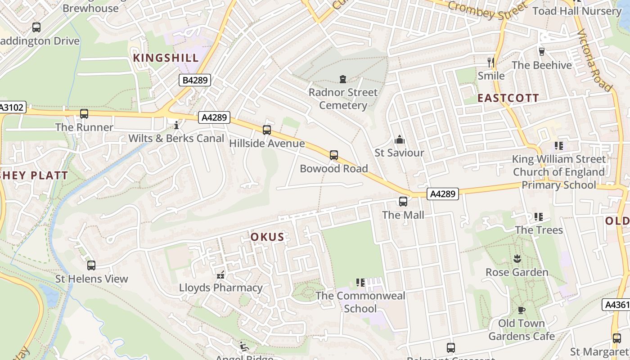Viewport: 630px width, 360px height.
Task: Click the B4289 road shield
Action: (x=195, y=81)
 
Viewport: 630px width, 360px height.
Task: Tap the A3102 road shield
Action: (x=13, y=108)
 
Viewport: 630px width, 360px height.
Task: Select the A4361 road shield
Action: (x=616, y=305)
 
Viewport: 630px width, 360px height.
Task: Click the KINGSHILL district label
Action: (x=166, y=58)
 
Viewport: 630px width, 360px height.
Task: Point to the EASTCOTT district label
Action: (x=508, y=98)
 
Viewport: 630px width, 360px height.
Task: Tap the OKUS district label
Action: (x=267, y=237)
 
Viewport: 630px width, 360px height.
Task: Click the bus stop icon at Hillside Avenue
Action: (x=267, y=130)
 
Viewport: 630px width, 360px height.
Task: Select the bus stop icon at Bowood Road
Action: (x=333, y=155)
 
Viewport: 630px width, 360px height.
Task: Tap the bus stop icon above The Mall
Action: (x=403, y=202)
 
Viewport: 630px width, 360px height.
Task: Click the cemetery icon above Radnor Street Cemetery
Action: (x=343, y=79)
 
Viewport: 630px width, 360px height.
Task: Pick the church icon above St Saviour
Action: (x=399, y=139)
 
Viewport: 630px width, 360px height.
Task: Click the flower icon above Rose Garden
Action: (x=517, y=259)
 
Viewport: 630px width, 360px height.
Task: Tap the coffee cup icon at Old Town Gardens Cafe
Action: (x=521, y=310)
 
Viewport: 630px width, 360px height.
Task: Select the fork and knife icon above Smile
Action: (x=491, y=62)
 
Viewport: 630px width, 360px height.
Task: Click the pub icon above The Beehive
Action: (x=541, y=52)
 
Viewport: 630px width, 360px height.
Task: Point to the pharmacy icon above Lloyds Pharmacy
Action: (x=220, y=274)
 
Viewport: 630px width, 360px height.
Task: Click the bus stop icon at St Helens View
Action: (x=91, y=265)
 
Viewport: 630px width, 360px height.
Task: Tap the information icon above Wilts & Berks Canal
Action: (x=176, y=125)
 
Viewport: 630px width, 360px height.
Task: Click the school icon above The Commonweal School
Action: (x=360, y=283)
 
